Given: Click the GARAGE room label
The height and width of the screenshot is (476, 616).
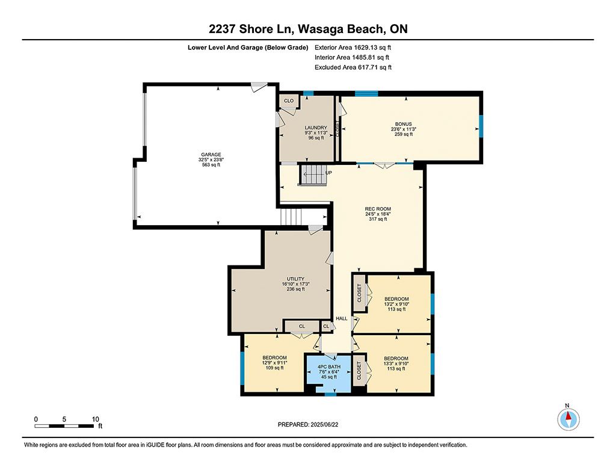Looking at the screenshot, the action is pos(211,155).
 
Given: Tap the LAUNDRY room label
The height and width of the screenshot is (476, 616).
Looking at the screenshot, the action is pos(316,128).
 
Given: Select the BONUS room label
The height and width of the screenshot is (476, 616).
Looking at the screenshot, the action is pos(404,124).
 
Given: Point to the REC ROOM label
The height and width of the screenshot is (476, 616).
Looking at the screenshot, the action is pos(378,209).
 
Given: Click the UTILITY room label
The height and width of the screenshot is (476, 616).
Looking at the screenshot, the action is pos(295,279).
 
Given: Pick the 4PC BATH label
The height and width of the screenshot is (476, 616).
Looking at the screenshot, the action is pos(329,366).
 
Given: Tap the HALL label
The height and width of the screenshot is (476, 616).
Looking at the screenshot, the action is pos(342,318).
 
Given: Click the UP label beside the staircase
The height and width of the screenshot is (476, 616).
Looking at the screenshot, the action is pos(328,173).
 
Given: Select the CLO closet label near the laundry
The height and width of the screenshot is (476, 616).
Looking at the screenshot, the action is pos(289,100).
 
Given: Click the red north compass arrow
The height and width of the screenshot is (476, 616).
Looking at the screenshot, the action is pos(568,416).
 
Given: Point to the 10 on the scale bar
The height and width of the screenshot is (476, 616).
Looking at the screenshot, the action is pos(96,419).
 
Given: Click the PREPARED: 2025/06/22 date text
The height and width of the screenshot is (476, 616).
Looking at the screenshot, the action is pos(308,424).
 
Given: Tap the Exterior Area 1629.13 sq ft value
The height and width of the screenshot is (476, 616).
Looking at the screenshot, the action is pos(353,48).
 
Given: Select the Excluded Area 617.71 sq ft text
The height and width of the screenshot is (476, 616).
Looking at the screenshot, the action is pos(353,67).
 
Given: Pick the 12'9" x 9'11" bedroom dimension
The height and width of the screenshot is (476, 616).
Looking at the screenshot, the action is pos(274,363).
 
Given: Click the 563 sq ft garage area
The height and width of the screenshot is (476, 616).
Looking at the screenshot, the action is pos(211,165).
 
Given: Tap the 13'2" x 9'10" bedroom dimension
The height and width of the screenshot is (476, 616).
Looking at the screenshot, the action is pos(396,304).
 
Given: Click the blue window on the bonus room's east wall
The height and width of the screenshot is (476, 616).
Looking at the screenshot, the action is pos(481,126).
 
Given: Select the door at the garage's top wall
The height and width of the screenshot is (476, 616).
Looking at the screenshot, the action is pos(259,87).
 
